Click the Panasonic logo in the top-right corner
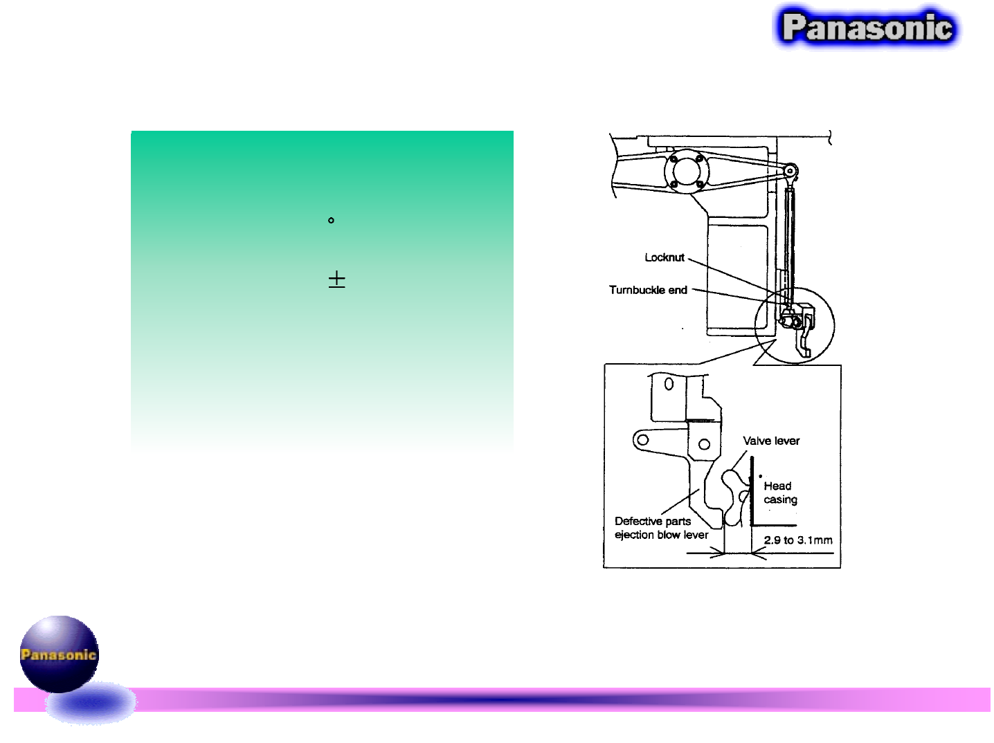tap(867, 28)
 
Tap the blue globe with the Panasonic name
tap(59, 654)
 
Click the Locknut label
tap(664, 257)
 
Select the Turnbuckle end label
tap(648, 290)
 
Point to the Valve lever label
tap(771, 441)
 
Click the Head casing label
tap(780, 493)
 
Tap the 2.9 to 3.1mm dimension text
tap(798, 540)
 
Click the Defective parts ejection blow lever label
tap(661, 528)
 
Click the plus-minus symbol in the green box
tap(336, 279)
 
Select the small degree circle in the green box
tap(331, 221)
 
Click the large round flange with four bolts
tap(686, 171)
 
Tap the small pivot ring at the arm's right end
tap(790, 171)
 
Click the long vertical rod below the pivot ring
tap(790, 242)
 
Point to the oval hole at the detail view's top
tap(669, 384)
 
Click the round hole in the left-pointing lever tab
tap(643, 439)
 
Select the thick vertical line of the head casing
tap(752, 491)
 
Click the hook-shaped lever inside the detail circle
tap(803, 342)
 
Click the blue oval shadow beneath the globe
tap(91, 704)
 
